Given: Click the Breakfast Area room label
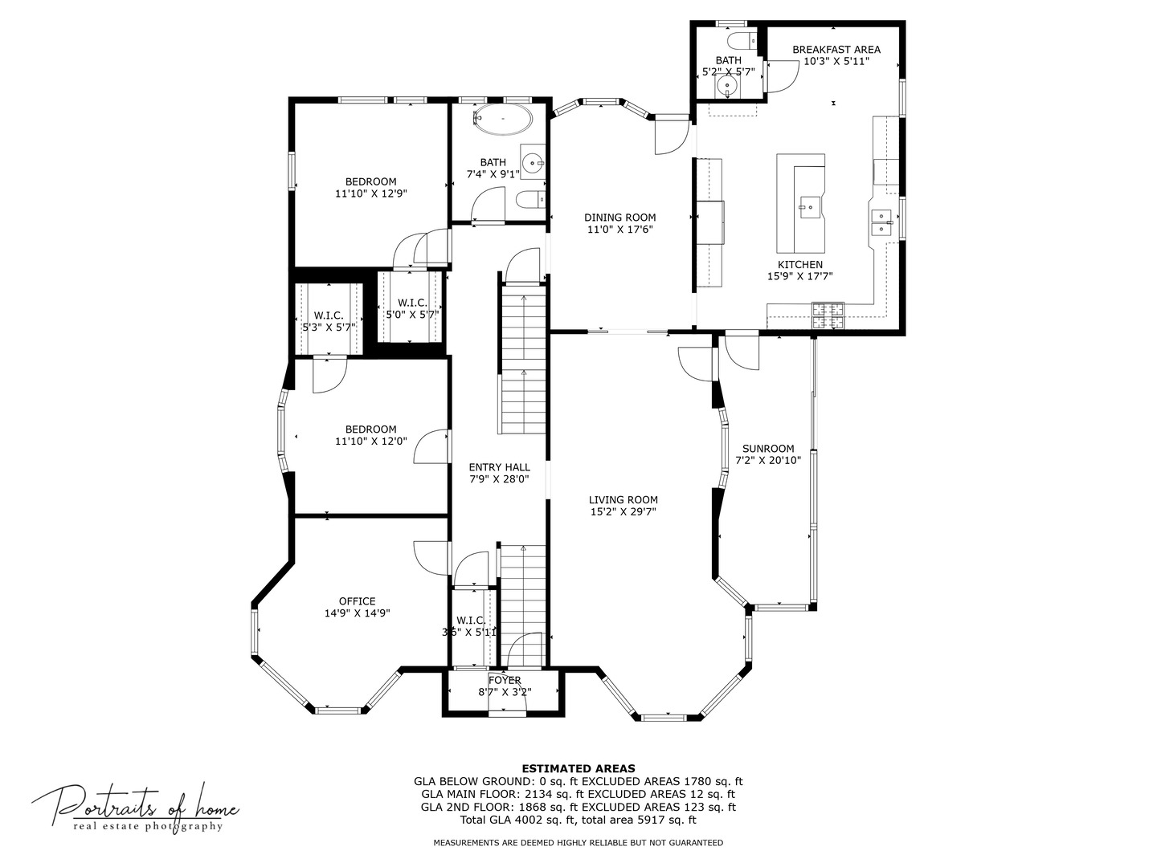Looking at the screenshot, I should [836, 50].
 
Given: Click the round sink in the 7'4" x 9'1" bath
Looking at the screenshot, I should [533, 164].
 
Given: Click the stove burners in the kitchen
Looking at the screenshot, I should [828, 315].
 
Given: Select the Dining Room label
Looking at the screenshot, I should [619, 218].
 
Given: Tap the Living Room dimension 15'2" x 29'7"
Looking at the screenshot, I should [623, 511].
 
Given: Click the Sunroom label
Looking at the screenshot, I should [768, 449].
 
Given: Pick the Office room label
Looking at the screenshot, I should [357, 601].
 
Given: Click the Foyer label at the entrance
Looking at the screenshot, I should [505, 681].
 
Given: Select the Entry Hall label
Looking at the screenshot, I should [499, 467].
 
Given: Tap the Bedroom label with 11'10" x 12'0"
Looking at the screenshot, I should [370, 429].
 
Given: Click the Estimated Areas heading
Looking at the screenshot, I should [578, 768].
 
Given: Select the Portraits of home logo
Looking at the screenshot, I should [135, 806].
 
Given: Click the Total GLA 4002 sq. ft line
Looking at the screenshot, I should [578, 820].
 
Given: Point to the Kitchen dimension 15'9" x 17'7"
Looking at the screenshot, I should [799, 276].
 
